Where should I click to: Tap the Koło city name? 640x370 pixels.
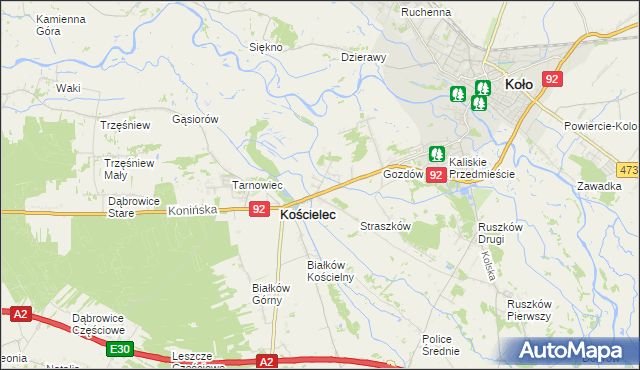click(x=518, y=85)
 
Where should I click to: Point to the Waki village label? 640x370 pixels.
click(x=68, y=88)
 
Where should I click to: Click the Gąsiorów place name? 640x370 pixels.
click(x=195, y=119)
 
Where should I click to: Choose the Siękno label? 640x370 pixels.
click(x=266, y=47)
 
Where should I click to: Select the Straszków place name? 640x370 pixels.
click(x=386, y=227)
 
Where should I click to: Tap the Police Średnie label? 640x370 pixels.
click(x=441, y=345)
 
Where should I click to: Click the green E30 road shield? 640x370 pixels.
click(x=120, y=348)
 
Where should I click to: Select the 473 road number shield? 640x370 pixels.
click(x=628, y=170)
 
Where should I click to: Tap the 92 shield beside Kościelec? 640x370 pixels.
click(x=259, y=209)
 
